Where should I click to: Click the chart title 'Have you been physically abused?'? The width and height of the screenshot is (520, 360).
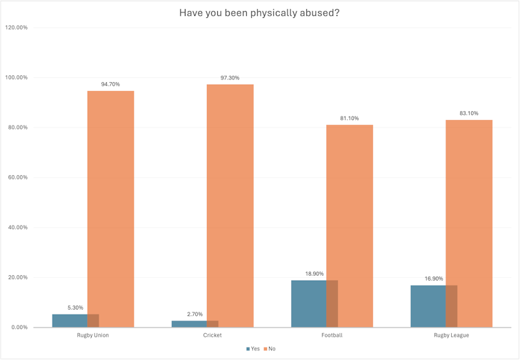coord(259,12)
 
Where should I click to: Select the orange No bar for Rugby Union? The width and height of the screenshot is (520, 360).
coord(110,207)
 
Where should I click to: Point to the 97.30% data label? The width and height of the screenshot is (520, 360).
coord(230,78)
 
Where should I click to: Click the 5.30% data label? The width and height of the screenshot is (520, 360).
coord(75,308)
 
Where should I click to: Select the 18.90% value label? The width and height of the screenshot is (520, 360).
coord(314,274)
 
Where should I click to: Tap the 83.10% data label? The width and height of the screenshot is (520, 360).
coord(468,113)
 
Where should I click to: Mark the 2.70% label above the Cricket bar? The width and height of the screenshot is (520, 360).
coord(194,314)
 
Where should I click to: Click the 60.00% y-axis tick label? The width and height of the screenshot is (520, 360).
coord(17,177)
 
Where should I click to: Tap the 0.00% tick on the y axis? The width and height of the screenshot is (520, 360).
coord(18,327)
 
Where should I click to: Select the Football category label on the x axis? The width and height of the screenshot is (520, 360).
coord(331,335)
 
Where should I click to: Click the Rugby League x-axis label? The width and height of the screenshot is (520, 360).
coord(450,335)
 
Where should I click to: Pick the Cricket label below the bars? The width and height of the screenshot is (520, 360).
coord(212,335)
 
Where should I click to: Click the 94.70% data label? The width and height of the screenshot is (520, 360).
coord(110,84)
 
